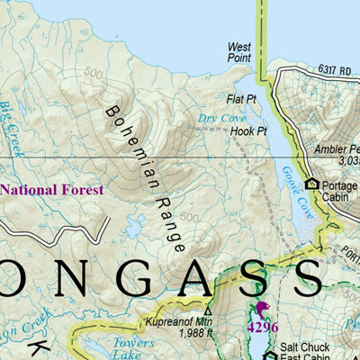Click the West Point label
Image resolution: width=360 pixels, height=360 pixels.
coord(238,51)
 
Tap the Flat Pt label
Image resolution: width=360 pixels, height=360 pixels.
coord(243,99)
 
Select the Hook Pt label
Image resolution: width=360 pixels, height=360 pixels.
coord(249,131)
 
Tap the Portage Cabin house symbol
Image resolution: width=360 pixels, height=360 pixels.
coord(312,184)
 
